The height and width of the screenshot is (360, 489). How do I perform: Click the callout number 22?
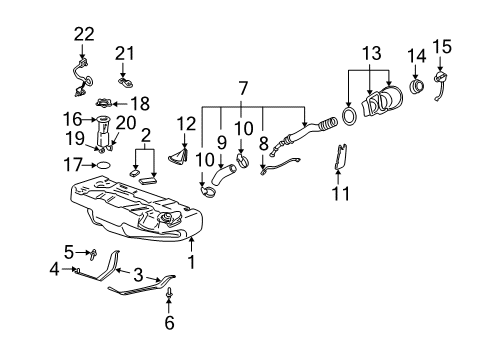click(82, 34)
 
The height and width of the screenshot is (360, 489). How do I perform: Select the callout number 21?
click(123, 52)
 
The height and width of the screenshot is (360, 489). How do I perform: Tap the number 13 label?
click(372, 52)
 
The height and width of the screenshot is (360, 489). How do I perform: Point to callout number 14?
click(416, 54)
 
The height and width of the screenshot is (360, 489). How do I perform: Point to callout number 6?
click(169, 322)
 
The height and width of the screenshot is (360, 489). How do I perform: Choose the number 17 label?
click(72, 163)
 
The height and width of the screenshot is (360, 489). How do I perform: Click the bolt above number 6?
click(169, 294)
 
